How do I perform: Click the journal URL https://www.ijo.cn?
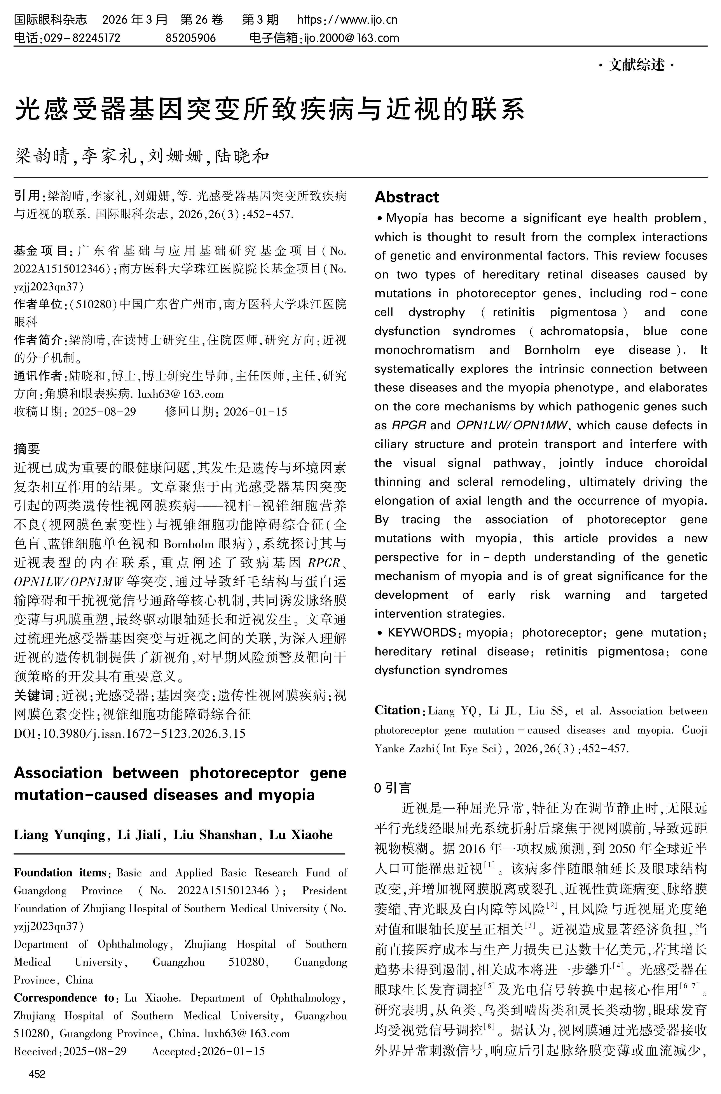pos(347,20)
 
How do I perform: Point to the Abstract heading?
pos(407,197)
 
